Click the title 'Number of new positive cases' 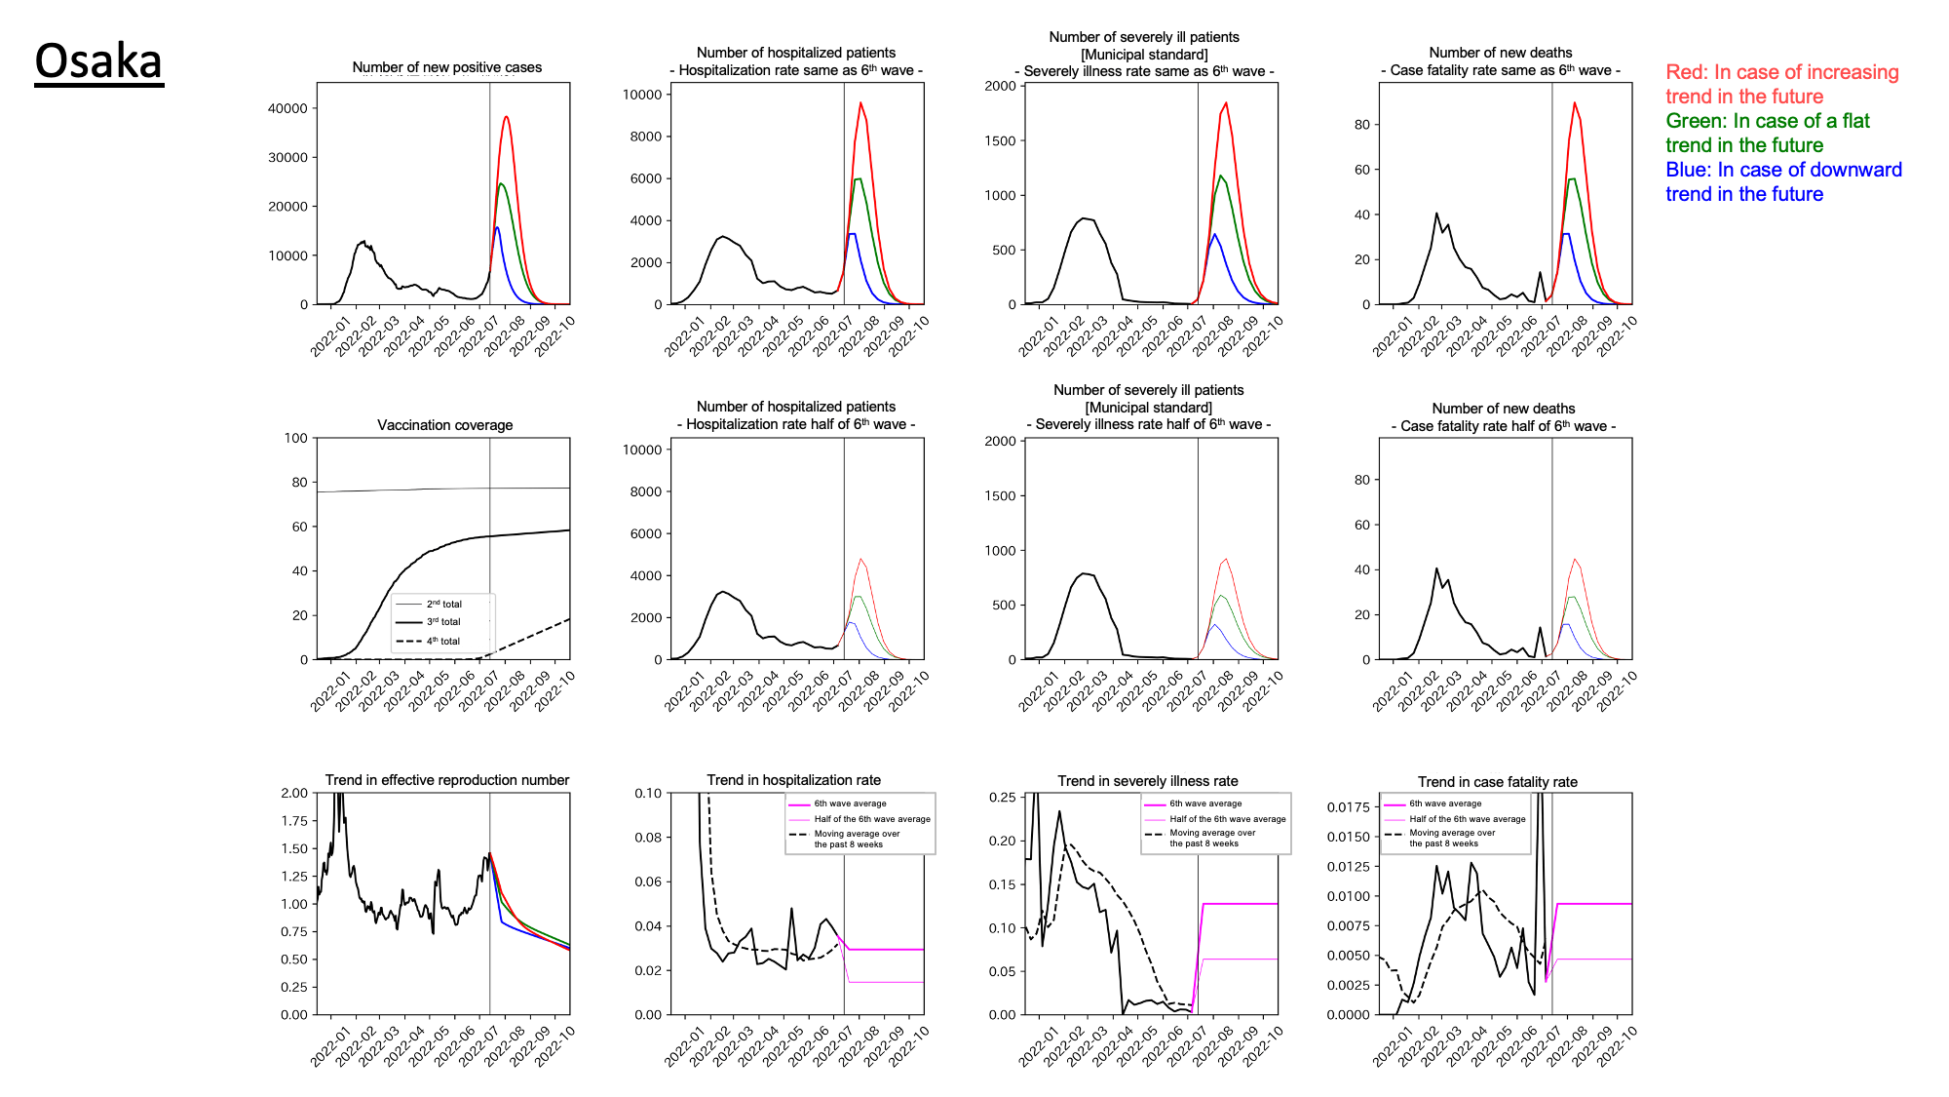coord(446,67)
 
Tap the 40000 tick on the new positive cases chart coord(287,108)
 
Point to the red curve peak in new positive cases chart coord(507,117)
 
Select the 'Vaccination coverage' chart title coord(444,425)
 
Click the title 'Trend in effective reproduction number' coord(446,780)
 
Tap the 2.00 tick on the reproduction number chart coord(293,793)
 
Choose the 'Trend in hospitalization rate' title coord(793,780)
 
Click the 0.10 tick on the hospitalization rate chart coord(648,793)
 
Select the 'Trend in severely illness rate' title coord(1148,781)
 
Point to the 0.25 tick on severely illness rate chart coord(1002,797)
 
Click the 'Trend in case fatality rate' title coord(1497,782)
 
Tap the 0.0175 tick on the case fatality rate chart coord(1348,806)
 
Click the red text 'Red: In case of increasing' coord(1781,72)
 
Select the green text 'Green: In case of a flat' coord(1767,121)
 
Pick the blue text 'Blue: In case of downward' coord(1783,170)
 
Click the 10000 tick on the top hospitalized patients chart coord(642,95)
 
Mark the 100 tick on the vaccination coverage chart coord(295,438)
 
